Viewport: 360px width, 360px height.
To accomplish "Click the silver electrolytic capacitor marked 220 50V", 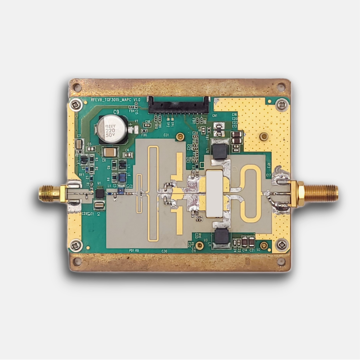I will (x=112, y=129).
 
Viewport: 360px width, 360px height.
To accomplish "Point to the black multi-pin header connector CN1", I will (x=179, y=105).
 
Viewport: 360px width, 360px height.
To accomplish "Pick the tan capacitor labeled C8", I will (x=110, y=152).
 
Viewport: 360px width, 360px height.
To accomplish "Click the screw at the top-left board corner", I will (x=76, y=105).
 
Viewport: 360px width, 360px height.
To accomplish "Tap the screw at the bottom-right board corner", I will (x=282, y=245).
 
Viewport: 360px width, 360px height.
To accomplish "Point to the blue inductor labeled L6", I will (x=122, y=177).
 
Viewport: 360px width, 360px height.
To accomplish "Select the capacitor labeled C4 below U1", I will (x=99, y=205).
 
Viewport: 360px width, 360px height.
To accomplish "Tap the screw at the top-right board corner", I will (x=282, y=105).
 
